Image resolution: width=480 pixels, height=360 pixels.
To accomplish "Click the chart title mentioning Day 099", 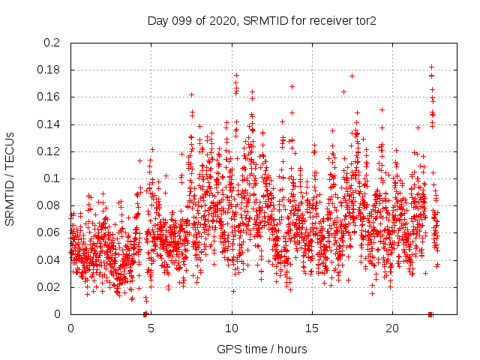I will (262, 20).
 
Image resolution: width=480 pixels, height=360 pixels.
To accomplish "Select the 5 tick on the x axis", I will (151, 328).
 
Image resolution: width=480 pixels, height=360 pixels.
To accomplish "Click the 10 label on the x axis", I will (231, 328).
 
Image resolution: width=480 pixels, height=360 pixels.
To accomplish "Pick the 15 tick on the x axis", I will (311, 328).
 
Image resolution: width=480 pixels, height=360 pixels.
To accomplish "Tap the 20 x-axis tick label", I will (391, 328).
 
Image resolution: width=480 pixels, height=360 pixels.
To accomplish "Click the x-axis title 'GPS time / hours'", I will (262, 349).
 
